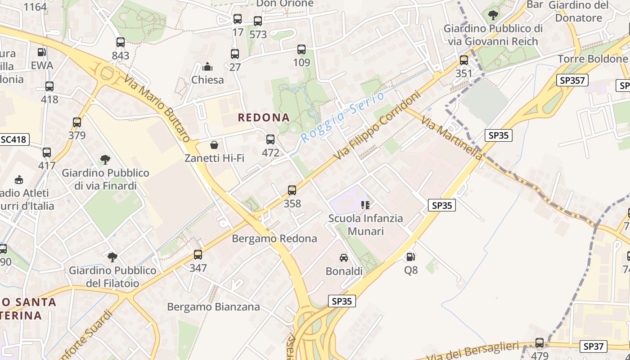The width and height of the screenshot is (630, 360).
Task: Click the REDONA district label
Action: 264,117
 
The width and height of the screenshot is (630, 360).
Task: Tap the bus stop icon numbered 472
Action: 270,139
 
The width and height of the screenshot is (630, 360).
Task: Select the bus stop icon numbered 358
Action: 292,190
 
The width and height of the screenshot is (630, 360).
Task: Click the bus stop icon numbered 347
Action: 198,255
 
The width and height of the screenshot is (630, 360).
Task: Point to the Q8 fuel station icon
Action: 410,257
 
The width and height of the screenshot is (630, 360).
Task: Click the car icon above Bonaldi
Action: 344,258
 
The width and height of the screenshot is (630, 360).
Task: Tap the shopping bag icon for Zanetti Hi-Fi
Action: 214,145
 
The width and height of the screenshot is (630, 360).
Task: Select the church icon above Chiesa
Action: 207,67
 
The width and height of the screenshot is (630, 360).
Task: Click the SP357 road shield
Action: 572,81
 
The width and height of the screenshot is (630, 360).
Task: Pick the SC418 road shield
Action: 13,139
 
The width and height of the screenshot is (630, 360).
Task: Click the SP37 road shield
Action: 593,346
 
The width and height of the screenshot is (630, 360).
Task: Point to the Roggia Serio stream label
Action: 342,117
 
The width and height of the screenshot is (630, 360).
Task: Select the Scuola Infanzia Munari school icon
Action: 365,205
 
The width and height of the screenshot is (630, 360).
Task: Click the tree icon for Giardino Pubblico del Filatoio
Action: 112,257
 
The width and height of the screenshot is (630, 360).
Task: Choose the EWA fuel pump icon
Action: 41,52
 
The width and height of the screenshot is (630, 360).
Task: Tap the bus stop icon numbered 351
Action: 464,60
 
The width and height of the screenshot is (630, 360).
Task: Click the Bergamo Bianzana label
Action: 213,307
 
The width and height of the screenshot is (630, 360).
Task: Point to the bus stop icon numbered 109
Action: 301,49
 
